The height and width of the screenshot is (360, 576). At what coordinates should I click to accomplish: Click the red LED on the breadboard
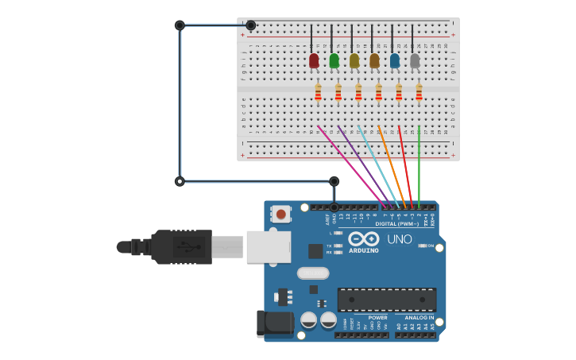pyautogui.click(x=314, y=60)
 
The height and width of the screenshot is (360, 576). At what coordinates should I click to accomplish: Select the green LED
pyautogui.click(x=334, y=60)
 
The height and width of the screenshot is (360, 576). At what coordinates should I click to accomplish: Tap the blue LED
pyautogui.click(x=395, y=60)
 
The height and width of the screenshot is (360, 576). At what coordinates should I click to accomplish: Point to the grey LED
pyautogui.click(x=415, y=60)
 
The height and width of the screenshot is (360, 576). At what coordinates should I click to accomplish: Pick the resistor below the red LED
pyautogui.click(x=318, y=93)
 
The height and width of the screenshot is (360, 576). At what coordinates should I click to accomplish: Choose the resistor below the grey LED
pyautogui.click(x=419, y=93)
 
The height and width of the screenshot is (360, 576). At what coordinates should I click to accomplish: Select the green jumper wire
pyautogui.click(x=419, y=167)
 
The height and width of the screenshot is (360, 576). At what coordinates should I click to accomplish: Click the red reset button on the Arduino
pyautogui.click(x=281, y=213)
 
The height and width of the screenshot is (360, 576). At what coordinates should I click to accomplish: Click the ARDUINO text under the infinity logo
pyautogui.click(x=364, y=251)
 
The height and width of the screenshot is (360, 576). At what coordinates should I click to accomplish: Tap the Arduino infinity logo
pyautogui.click(x=363, y=238)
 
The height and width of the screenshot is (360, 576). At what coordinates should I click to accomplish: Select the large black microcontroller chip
pyautogui.click(x=386, y=300)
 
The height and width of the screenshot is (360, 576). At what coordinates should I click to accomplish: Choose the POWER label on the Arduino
pyautogui.click(x=377, y=318)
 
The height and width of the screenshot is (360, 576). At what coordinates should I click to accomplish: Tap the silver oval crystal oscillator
pyautogui.click(x=313, y=273)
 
